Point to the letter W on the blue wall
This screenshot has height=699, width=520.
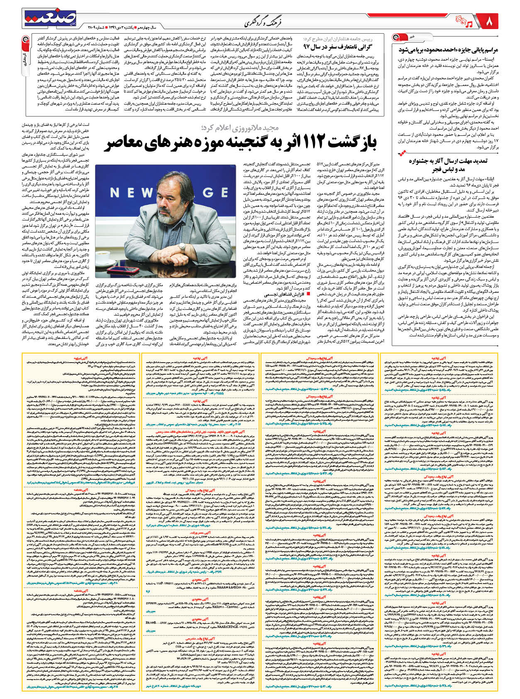[x=146, y=192]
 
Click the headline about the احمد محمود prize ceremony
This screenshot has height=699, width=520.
[x=448, y=49]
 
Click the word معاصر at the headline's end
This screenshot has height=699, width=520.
[x=126, y=142]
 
